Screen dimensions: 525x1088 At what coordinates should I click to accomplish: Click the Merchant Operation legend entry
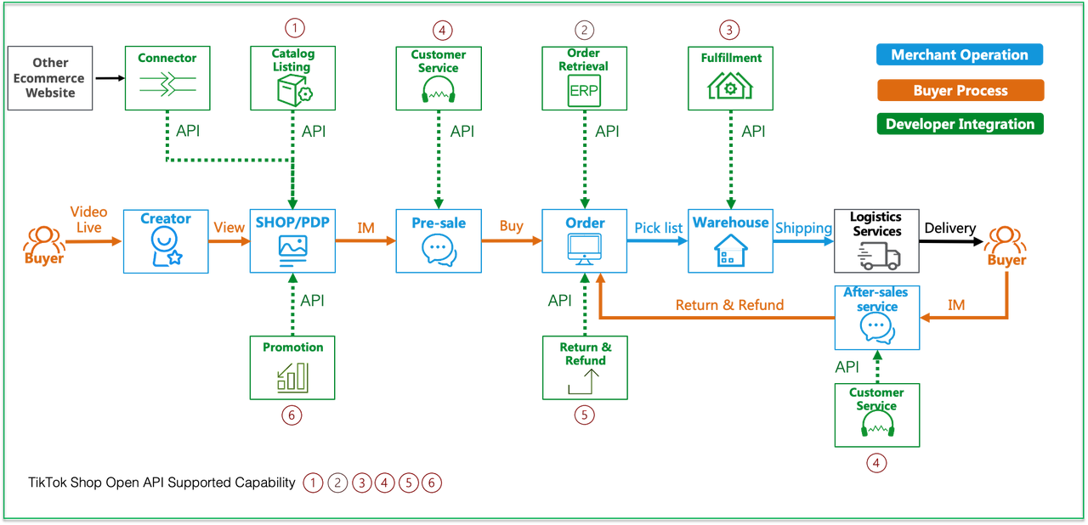click(x=960, y=55)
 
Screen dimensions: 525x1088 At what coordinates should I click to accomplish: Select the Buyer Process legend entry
click(x=960, y=91)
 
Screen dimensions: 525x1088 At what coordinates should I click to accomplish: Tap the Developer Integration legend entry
click(x=960, y=124)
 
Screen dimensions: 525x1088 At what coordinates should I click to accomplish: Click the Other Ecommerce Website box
click(x=50, y=78)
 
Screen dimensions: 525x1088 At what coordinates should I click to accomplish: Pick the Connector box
click(x=166, y=78)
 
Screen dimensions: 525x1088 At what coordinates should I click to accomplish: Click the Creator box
click(x=166, y=240)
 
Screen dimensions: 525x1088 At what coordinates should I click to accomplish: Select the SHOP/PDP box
click(x=292, y=240)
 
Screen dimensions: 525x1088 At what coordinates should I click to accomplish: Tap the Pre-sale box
click(x=439, y=240)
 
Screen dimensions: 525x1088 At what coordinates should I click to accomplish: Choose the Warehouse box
click(x=730, y=240)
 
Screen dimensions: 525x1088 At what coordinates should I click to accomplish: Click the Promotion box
click(x=292, y=368)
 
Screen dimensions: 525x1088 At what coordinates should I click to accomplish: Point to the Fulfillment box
click(x=730, y=78)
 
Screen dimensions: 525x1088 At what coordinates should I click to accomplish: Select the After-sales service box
click(x=877, y=318)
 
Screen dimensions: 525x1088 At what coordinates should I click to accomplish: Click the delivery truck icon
click(x=877, y=252)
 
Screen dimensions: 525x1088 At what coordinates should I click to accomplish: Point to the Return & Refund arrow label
click(x=729, y=304)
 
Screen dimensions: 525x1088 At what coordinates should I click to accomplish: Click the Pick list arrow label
click(x=658, y=229)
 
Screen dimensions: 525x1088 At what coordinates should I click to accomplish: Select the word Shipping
click(x=802, y=229)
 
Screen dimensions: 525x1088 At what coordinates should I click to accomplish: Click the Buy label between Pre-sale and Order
click(x=511, y=228)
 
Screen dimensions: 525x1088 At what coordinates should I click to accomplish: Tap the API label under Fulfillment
click(x=753, y=132)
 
